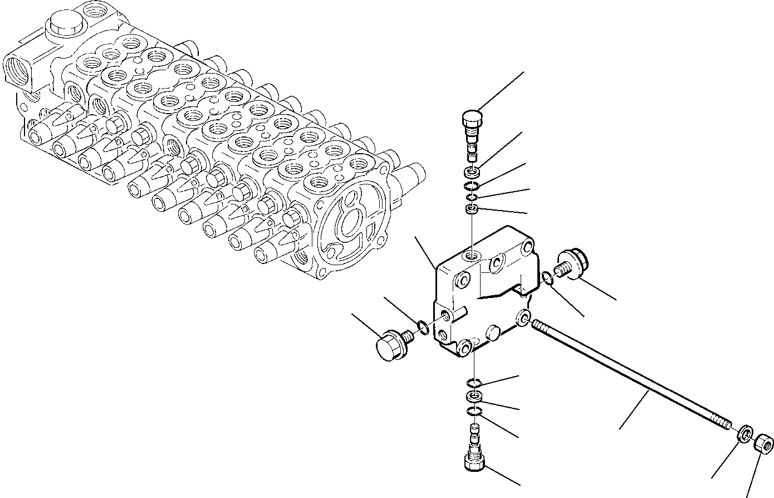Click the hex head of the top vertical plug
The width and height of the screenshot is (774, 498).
pyautogui.click(x=472, y=118)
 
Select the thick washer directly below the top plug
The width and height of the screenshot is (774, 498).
pyautogui.click(x=472, y=172)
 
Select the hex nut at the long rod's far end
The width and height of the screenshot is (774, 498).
pyautogui.click(x=763, y=444)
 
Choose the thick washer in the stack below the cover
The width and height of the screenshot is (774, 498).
pyautogui.click(x=473, y=396)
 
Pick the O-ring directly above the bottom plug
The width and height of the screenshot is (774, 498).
pyautogui.click(x=473, y=411)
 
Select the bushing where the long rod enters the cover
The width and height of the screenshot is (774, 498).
pyautogui.click(x=523, y=319)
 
